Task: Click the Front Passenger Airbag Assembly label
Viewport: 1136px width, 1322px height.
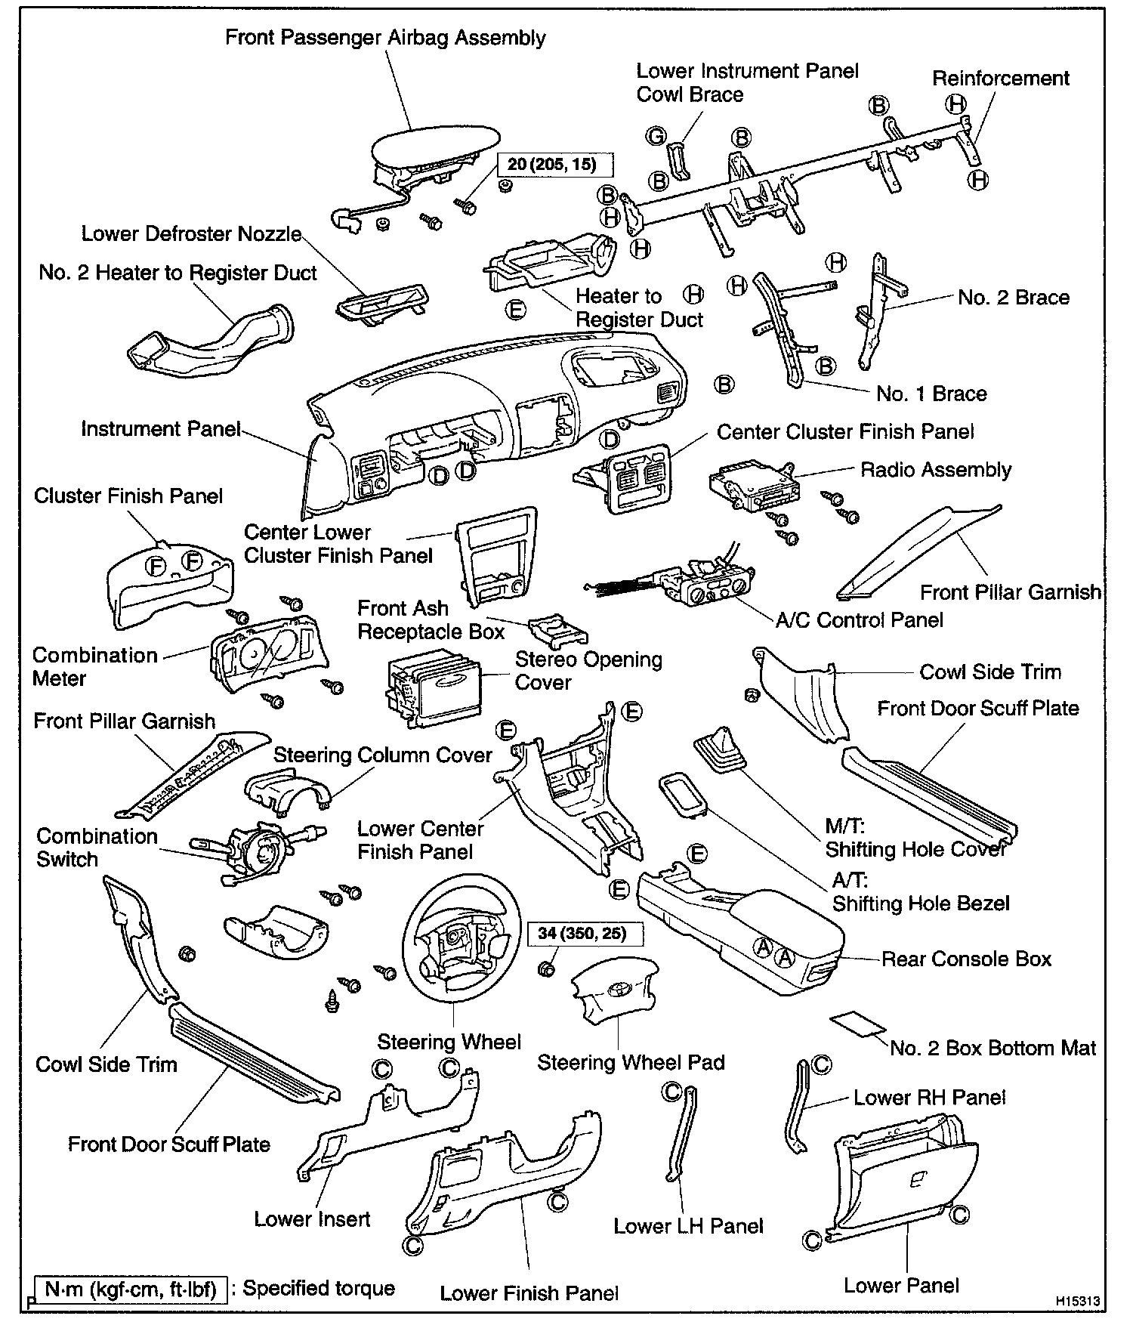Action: (385, 38)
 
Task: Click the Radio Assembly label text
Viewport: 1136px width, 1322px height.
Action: (936, 470)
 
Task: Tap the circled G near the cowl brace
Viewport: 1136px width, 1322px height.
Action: (656, 136)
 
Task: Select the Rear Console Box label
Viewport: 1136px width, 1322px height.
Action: (967, 959)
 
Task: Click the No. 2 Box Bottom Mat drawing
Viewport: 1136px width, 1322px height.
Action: (857, 1024)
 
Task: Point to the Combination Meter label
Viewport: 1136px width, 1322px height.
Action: (94, 666)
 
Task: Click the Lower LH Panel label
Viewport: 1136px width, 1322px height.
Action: (688, 1226)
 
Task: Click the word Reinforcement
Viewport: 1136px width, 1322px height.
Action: (1000, 79)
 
